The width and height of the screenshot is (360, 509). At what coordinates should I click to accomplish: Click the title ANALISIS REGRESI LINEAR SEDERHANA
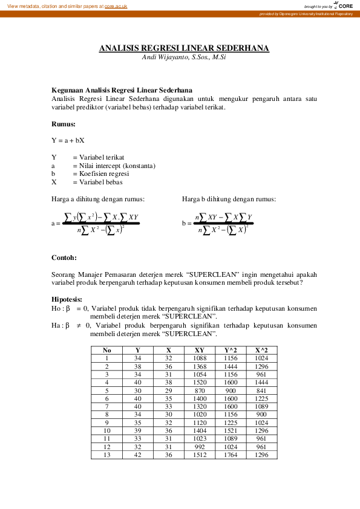point(184,48)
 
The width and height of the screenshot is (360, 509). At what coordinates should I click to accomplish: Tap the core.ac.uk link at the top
point(116,5)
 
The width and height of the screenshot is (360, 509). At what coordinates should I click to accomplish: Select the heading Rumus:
point(64,124)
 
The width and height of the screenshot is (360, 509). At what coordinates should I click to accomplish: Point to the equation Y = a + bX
point(68,140)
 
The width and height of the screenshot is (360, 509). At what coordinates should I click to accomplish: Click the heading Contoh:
point(64,258)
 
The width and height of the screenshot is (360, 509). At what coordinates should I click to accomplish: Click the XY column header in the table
point(199,349)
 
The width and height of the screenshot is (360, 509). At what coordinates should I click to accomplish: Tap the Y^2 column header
point(231,349)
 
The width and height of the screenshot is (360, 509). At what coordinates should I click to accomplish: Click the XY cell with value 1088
point(199,358)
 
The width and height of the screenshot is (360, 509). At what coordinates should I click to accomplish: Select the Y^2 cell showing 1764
point(231,455)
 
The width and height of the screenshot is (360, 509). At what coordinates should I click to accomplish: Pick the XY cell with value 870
point(199,390)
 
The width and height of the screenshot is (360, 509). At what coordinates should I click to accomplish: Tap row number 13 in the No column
point(106,455)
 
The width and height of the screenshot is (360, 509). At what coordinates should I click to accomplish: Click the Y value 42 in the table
point(137,455)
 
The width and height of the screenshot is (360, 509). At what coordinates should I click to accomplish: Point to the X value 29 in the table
point(169,390)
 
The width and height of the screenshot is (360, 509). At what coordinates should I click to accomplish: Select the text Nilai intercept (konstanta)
point(114,166)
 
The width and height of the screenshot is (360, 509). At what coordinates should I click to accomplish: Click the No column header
point(106,349)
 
